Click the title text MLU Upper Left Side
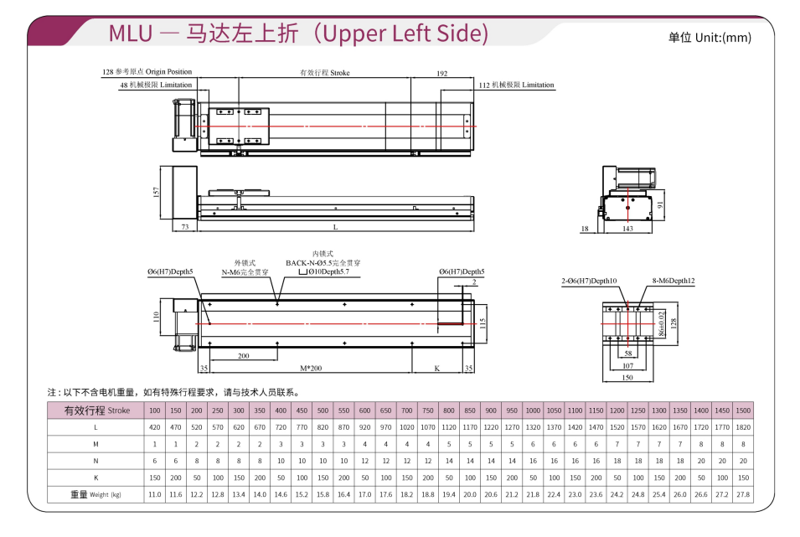click(298, 34)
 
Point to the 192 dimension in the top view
click(441, 74)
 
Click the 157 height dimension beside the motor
click(157, 192)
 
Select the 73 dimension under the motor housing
click(184, 227)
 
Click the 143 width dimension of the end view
click(627, 228)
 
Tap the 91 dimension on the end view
click(660, 204)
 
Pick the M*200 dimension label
click(311, 367)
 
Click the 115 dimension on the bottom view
click(483, 323)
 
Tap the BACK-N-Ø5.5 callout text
click(323, 263)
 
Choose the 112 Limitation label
click(517, 85)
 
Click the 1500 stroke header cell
click(742, 410)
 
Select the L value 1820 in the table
click(742, 427)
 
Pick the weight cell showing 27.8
click(742, 495)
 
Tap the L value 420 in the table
click(154, 427)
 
